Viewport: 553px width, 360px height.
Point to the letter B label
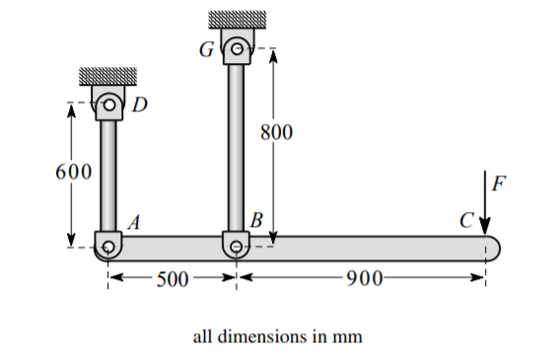pos(256,220)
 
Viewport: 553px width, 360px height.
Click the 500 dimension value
pos(173,279)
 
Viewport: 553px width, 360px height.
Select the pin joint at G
pos(236,47)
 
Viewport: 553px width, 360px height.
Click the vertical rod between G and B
pos(236,148)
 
